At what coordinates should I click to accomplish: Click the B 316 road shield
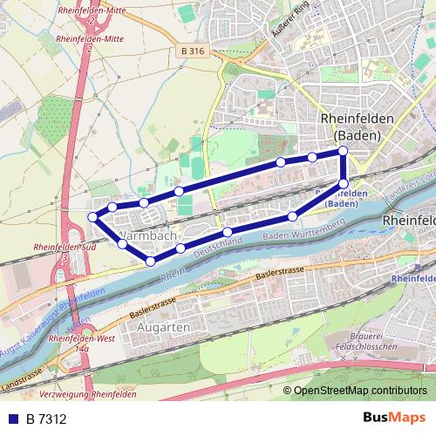coord(194,51)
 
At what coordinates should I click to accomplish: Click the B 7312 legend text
coord(46,419)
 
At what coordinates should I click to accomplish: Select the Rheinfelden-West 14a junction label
coord(83,343)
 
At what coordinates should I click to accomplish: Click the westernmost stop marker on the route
coord(93,216)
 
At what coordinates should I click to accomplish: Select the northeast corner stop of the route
coord(343,152)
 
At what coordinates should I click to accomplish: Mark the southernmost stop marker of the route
coord(151,261)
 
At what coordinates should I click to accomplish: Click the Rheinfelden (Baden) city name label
coord(358,126)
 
